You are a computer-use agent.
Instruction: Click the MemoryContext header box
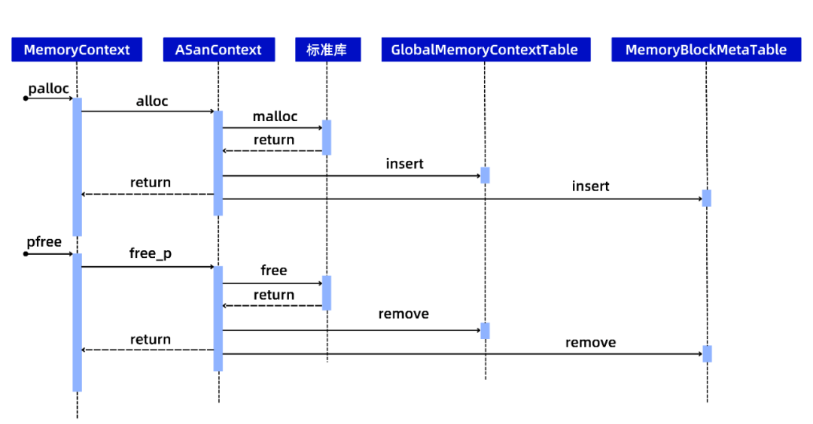[77, 50]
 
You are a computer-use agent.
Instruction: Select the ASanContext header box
[219, 50]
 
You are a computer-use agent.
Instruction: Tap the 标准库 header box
[327, 50]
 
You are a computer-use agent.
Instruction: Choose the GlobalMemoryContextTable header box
[486, 50]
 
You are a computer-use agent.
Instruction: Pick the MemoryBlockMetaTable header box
[706, 50]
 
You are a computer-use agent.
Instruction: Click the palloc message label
[48, 89]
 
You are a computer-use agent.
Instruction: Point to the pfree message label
[44, 242]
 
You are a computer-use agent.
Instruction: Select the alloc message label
[152, 101]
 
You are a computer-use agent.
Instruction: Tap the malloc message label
[275, 117]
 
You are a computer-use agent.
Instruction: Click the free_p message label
[151, 253]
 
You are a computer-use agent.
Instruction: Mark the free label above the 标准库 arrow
[274, 270]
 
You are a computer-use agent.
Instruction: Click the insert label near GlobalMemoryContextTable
[404, 164]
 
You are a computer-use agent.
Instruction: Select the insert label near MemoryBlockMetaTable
[591, 186]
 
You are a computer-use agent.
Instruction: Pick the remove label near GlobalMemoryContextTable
[403, 313]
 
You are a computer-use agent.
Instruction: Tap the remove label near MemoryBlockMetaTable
[591, 342]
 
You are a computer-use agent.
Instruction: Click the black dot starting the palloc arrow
[26, 98]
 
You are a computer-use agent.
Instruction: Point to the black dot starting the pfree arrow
[26, 253]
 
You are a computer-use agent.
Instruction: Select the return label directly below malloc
[274, 140]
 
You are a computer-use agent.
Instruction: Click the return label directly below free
[274, 295]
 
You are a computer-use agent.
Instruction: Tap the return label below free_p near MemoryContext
[151, 339]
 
